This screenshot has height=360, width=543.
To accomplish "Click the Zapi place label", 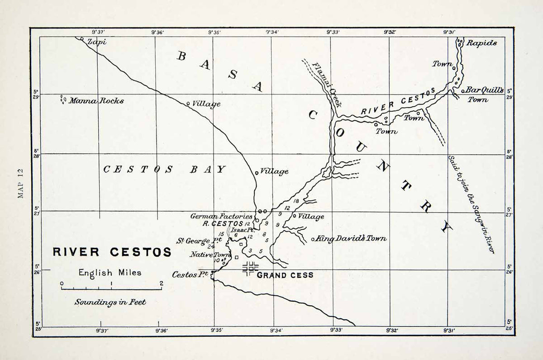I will [x=96, y=42].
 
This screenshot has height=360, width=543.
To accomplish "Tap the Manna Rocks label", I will [x=95, y=101].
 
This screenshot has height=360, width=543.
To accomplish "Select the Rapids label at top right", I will [x=481, y=43].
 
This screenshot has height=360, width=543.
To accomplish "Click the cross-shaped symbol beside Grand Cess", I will [x=250, y=268].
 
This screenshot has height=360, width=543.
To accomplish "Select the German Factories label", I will [x=221, y=217].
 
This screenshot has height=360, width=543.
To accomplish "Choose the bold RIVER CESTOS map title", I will [x=112, y=252].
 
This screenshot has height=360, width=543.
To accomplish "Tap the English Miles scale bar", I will [x=111, y=288].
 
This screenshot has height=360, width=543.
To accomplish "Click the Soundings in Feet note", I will [x=110, y=302].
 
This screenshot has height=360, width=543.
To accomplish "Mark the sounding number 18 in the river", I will [x=297, y=201].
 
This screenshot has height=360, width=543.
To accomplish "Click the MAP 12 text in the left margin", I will [x=20, y=183].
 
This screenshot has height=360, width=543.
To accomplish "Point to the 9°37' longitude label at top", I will [x=98, y=32].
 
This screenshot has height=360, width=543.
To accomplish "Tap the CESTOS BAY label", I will [x=164, y=170].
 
